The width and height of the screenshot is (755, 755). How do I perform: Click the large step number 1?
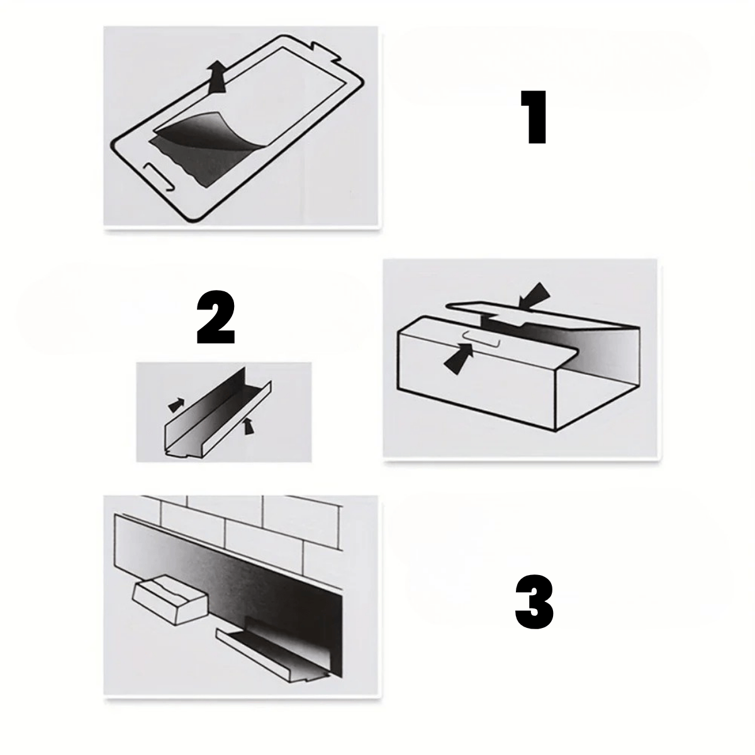point(534,117)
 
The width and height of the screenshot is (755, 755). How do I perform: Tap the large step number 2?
point(216,317)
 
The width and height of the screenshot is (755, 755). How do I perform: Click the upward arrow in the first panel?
point(217,77)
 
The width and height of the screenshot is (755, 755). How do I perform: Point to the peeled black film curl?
point(204,133)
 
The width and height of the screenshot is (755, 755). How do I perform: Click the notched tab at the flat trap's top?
point(326,50)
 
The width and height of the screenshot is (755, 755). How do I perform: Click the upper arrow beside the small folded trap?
point(176,405)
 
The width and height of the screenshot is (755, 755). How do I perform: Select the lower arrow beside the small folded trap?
point(248,425)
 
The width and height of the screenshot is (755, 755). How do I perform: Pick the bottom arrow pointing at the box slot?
point(459,359)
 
